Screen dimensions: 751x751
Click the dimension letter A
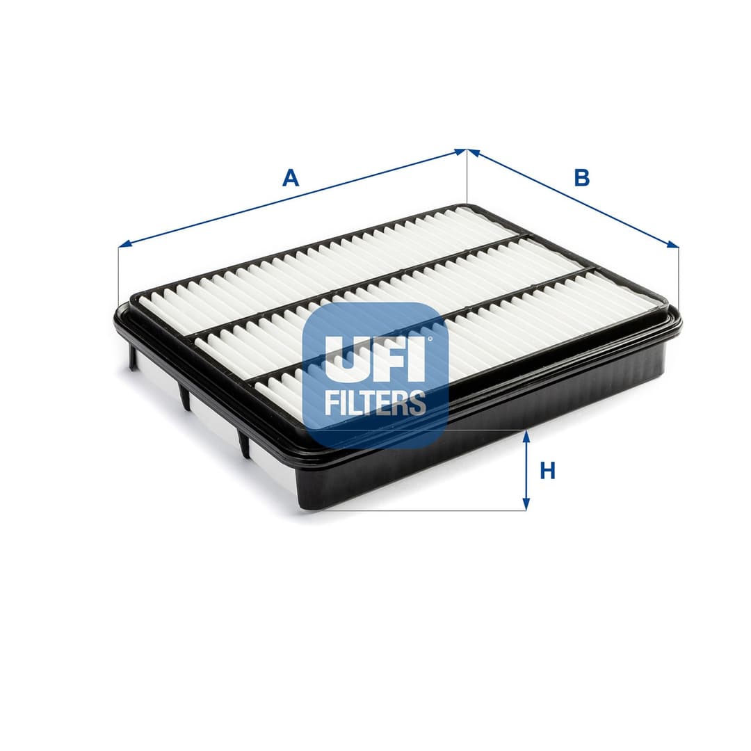click(x=290, y=178)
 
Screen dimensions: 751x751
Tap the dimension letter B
click(x=581, y=178)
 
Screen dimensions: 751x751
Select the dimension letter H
click(x=548, y=471)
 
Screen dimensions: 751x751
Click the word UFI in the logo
click(x=375, y=359)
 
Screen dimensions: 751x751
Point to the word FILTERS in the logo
click(x=375, y=403)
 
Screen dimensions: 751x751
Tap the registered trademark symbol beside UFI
click(x=429, y=339)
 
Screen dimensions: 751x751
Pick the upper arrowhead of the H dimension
click(x=526, y=436)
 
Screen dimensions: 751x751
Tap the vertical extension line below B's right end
click(x=678, y=278)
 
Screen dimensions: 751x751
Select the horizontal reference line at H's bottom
click(x=417, y=510)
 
